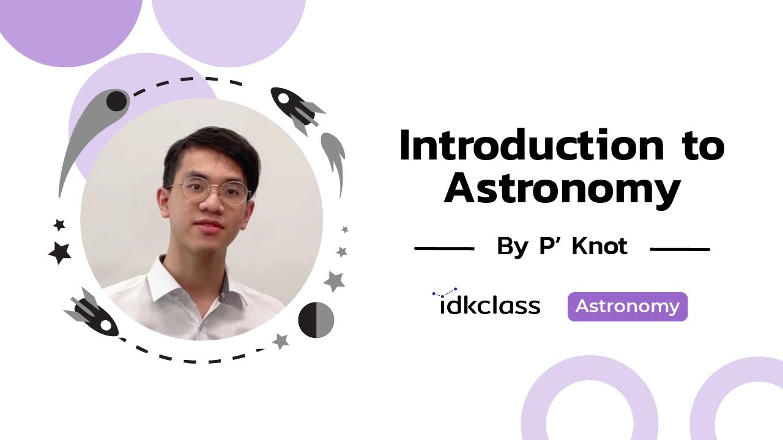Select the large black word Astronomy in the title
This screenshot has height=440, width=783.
click(562, 189)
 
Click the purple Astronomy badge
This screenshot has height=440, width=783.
click(627, 307)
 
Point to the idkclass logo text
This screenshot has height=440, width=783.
click(489, 305)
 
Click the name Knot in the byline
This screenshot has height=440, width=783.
click(599, 246)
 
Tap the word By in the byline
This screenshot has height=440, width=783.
click(512, 247)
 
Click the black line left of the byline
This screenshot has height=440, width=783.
click(444, 249)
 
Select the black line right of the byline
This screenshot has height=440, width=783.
click(680, 249)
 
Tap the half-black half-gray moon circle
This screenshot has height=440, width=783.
click(316, 320)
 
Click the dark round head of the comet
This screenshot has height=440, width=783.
click(116, 101)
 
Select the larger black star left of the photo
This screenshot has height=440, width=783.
click(60, 252)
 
